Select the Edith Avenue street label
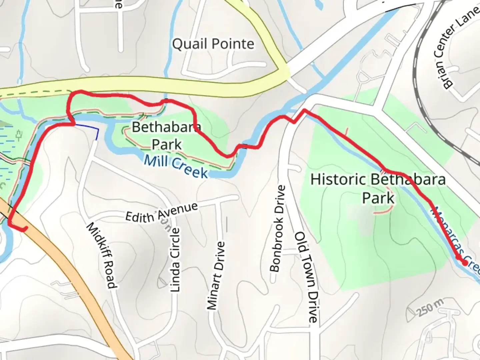[161, 213]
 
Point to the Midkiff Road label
[101, 255]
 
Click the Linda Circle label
[175, 260]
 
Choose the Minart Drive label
[216, 276]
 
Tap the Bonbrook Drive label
[278, 229]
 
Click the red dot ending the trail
[464, 263]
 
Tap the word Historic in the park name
[338, 179]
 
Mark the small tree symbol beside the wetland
[19, 135]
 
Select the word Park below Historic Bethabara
[378, 198]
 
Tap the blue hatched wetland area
[7, 147]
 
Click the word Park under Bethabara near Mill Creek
[167, 145]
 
